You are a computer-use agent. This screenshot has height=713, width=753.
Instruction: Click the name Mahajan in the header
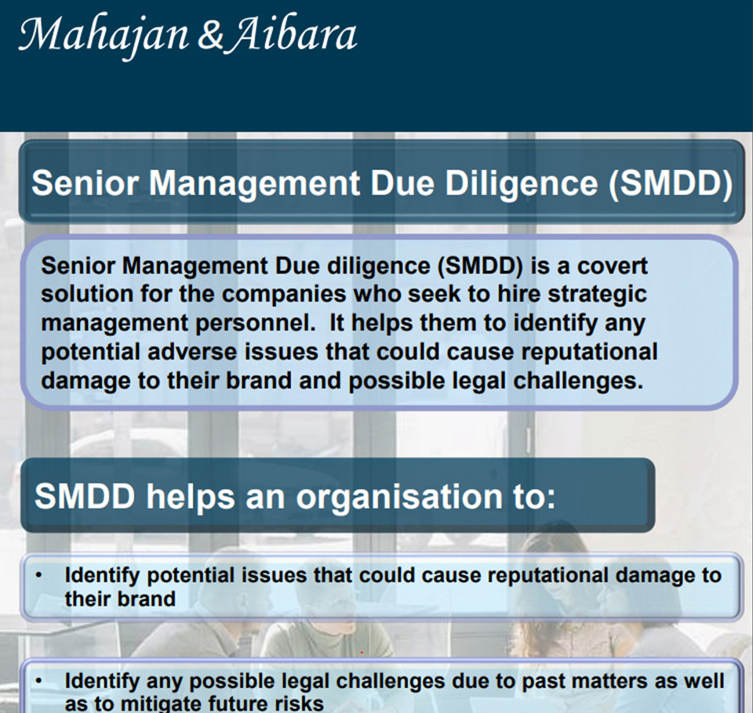point(104,36)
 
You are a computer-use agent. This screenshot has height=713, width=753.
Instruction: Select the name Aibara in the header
point(293,34)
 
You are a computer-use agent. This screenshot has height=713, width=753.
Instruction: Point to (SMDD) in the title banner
point(671,184)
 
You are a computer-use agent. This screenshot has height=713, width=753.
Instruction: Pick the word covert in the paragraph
point(613,266)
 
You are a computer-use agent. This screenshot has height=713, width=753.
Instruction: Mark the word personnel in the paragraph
point(255,324)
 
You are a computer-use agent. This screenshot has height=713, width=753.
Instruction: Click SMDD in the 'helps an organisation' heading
point(85,496)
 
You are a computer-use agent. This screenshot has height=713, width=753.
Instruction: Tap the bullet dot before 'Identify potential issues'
point(39,574)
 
